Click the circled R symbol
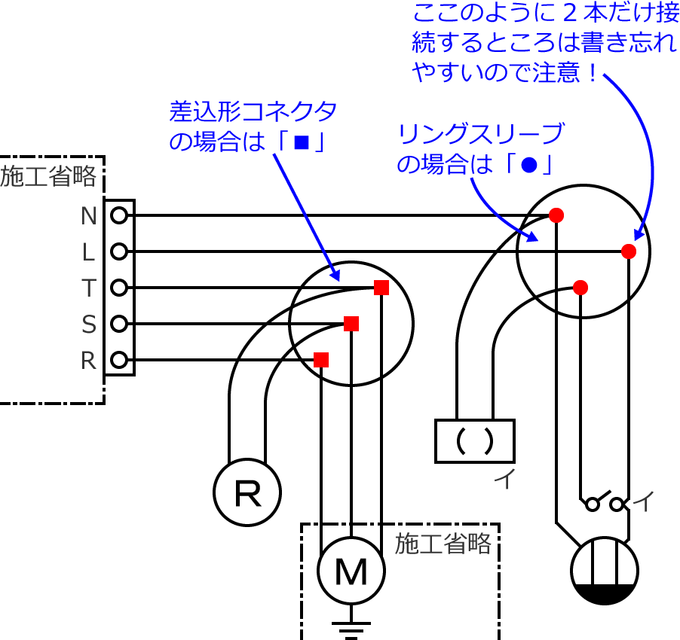[x=247, y=495]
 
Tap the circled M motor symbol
[x=351, y=574]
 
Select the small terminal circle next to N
[x=119, y=216]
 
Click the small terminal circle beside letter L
[x=119, y=252]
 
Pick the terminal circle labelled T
[x=119, y=288]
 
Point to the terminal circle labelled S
[x=119, y=325]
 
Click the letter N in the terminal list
[x=89, y=216]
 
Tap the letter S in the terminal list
[x=89, y=325]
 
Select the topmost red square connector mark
[x=381, y=288]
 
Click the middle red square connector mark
[x=351, y=324]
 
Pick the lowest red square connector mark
[x=321, y=359]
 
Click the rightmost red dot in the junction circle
[x=629, y=251]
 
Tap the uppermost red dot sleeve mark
[x=556, y=215]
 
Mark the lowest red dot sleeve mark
[x=580, y=287]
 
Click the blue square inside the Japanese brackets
[x=301, y=142]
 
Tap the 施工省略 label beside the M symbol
[x=443, y=543]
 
